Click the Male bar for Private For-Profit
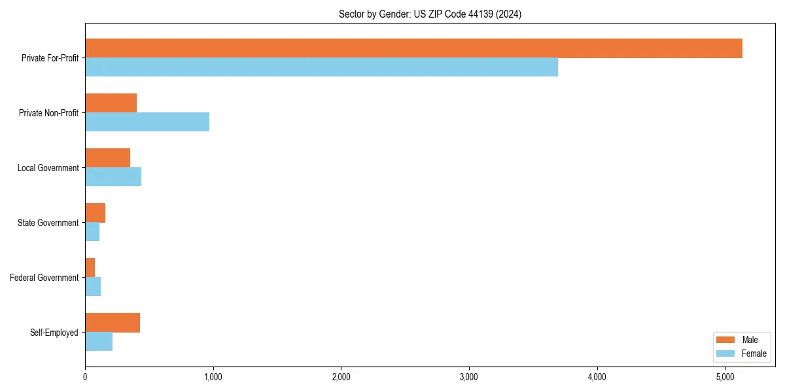(413, 48)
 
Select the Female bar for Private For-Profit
(321, 67)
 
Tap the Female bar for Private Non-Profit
(147, 122)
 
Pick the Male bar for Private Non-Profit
(111, 103)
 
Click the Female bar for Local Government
(113, 177)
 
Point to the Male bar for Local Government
(107, 158)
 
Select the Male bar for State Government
(95, 213)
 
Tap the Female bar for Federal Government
(93, 287)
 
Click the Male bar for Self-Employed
(113, 323)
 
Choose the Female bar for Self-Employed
(99, 342)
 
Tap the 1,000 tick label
(213, 377)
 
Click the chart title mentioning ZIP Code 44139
(430, 14)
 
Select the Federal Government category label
(44, 278)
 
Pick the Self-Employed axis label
(54, 333)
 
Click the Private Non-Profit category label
(48, 113)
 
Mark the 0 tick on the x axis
(85, 377)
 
